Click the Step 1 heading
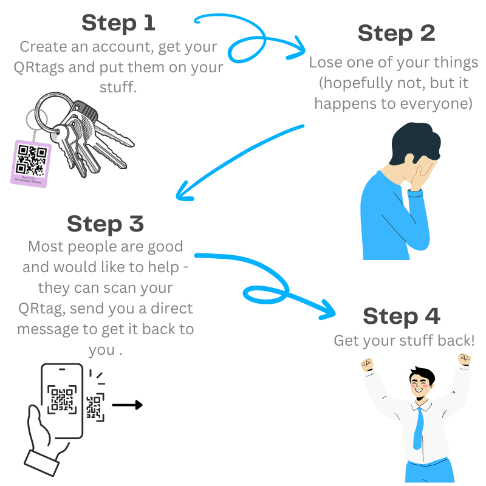pyautogui.click(x=118, y=23)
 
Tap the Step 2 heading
pyautogui.click(x=396, y=33)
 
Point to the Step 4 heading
pyautogui.click(x=401, y=317)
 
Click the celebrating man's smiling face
pyautogui.click(x=421, y=389)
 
